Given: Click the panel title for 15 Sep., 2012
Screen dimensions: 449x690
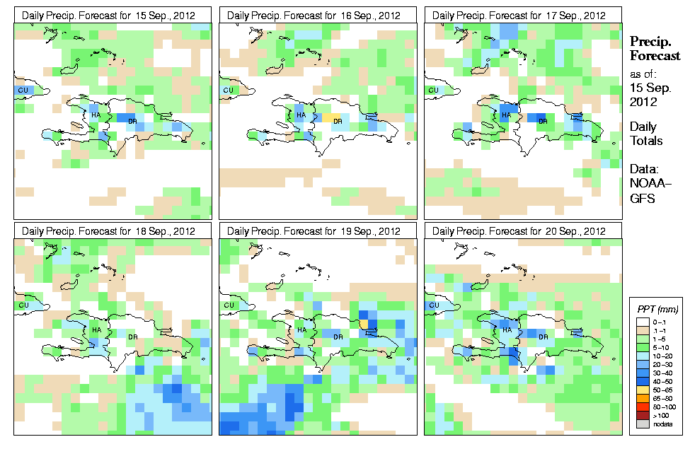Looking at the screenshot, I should click(x=113, y=15).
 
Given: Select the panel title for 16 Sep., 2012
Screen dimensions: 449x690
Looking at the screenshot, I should click(x=318, y=15).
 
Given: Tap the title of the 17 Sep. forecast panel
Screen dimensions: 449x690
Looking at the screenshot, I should click(x=522, y=15).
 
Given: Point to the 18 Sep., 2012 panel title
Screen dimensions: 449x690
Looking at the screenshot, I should click(x=113, y=231).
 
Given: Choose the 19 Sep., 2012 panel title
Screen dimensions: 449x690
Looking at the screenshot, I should click(x=318, y=231).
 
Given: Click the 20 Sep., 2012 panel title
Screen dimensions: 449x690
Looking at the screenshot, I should click(x=522, y=231).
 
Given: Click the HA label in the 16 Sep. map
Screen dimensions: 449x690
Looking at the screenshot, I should click(x=301, y=115).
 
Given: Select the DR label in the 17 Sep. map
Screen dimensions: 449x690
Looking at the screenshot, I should click(x=544, y=122).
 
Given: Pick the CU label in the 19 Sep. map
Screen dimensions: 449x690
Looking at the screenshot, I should click(x=228, y=305).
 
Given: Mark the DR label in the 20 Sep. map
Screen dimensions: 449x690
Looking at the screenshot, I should click(x=544, y=337).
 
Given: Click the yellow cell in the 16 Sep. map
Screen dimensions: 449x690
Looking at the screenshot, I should click(x=332, y=117).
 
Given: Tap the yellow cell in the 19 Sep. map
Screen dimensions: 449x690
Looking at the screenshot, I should click(x=364, y=324).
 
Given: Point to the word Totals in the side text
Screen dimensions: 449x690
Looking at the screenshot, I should click(x=645, y=141).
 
